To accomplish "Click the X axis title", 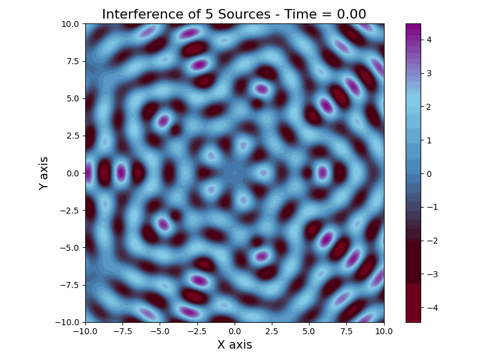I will click(x=235, y=344).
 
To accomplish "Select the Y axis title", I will click(x=43, y=173).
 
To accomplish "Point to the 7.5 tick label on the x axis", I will click(x=346, y=331).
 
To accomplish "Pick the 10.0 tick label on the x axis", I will click(x=384, y=331).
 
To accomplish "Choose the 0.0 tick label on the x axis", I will click(x=235, y=331).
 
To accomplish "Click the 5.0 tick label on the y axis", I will click(x=72, y=98).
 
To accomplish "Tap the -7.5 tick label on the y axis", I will click(x=69, y=285).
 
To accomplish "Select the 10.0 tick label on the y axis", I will click(x=70, y=24).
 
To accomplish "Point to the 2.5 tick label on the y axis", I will click(x=72, y=136).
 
